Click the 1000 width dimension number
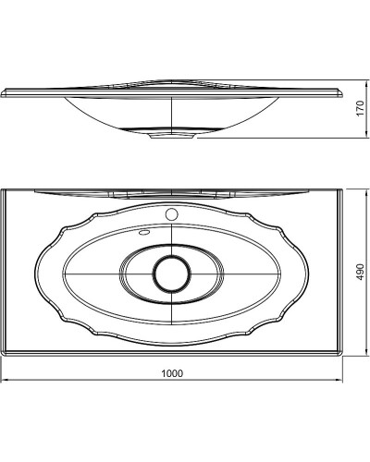(x=171, y=373)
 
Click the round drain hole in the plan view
(x=170, y=274)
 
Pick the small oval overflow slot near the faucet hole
(x=144, y=233)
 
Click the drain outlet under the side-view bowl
(x=172, y=137)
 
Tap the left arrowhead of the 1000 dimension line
(x=4, y=381)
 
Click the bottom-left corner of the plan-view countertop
(x=3, y=356)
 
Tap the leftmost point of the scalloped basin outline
(x=35, y=274)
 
